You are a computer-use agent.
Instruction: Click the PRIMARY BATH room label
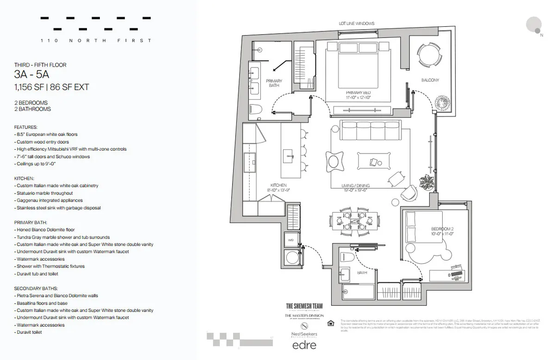pyautogui.click(x=274, y=83)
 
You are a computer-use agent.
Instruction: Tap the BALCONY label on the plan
pyautogui.click(x=430, y=80)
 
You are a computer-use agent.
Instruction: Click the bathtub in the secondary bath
pyautogui.click(x=358, y=292)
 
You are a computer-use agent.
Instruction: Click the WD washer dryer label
pyautogui.click(x=291, y=240)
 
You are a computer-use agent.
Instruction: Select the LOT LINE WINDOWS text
pyautogui.click(x=356, y=24)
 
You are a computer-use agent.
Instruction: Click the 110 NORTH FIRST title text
pyautogui.click(x=96, y=41)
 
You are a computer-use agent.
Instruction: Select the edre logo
pyautogui.click(x=304, y=344)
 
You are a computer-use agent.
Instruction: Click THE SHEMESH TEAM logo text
pyautogui.click(x=304, y=305)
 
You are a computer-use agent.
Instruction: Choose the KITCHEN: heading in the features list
pyautogui.click(x=24, y=178)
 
